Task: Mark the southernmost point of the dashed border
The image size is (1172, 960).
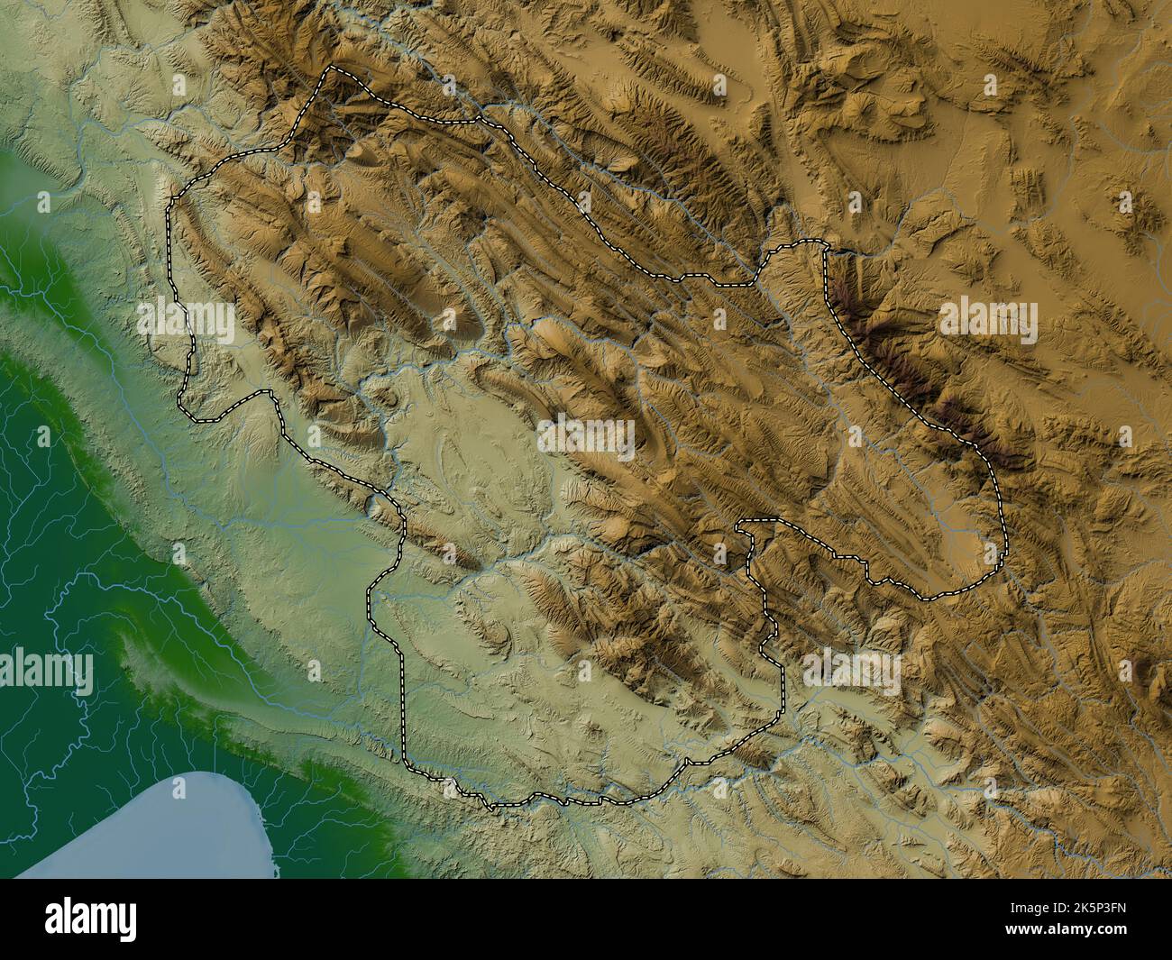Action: tap(491, 808)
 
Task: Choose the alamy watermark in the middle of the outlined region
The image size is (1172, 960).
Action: tap(587, 436)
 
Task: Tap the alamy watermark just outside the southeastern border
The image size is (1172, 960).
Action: tap(851, 667)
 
